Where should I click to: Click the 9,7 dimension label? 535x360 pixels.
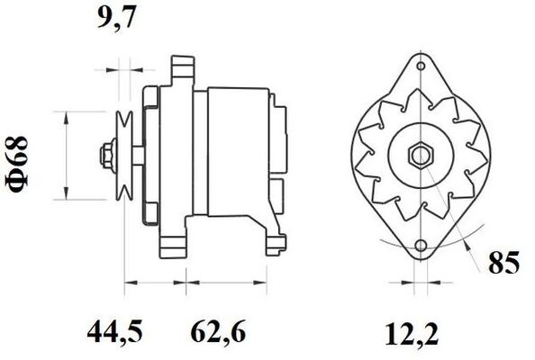click(x=117, y=17)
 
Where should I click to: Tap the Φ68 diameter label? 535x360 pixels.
click(x=17, y=164)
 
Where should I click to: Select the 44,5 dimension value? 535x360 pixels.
click(x=114, y=332)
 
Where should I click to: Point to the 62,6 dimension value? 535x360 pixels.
click(x=218, y=332)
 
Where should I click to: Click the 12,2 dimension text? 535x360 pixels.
click(x=412, y=335)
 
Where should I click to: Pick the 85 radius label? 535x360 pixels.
click(x=503, y=263)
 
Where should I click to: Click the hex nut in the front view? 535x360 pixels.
click(x=422, y=156)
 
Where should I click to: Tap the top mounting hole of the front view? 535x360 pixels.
click(x=422, y=66)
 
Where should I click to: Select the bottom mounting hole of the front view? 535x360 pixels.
click(x=422, y=246)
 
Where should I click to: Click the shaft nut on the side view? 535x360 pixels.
click(x=107, y=156)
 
